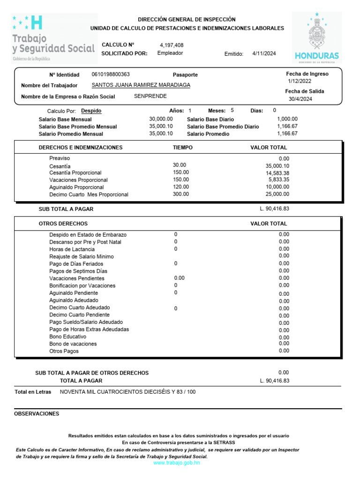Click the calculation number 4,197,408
[x=172, y=45]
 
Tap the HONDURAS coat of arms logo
[x=317, y=37]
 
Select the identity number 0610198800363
[x=111, y=75]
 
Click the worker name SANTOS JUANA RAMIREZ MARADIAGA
[x=141, y=85]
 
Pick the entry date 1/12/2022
[x=300, y=81]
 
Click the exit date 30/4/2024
[x=300, y=99]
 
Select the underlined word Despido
[x=91, y=111]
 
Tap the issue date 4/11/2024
[x=264, y=53]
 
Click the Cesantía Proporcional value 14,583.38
[x=277, y=173]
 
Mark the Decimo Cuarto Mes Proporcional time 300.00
[x=181, y=194]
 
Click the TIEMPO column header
[x=182, y=148]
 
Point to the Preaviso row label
[x=60, y=158]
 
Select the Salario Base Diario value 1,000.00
[x=287, y=119]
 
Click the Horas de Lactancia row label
[x=72, y=249]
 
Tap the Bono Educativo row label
[x=67, y=337]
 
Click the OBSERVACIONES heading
[x=37, y=414]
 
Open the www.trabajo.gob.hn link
[x=177, y=463]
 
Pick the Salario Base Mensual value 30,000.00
[x=161, y=119]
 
